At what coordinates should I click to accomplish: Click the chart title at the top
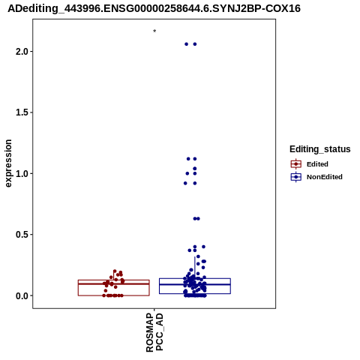coord(154,9)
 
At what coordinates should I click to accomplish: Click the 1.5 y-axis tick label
coord(21,112)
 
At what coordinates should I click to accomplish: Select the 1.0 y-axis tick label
coord(21,173)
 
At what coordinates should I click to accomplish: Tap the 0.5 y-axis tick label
coord(21,235)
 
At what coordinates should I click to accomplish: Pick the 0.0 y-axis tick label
coord(21,295)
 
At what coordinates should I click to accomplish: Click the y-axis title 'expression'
coord(8,163)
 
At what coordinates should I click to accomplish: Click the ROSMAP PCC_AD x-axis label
coord(154,332)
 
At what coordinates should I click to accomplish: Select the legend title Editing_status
coord(320,149)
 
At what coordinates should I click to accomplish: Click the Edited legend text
coord(317,164)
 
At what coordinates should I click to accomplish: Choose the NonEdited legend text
coord(325,177)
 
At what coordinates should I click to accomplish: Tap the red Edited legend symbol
coord(296,164)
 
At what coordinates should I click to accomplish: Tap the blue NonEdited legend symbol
coord(296,177)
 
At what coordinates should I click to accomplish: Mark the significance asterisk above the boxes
coord(154,31)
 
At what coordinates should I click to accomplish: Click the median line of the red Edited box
coord(114,283)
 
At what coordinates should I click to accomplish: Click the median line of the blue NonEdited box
coord(195,284)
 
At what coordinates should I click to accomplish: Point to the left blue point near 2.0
coord(186,44)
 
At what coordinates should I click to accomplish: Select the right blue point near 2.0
coord(195,44)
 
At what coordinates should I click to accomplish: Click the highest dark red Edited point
coord(115,271)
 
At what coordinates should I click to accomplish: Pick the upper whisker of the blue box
coord(195,268)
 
